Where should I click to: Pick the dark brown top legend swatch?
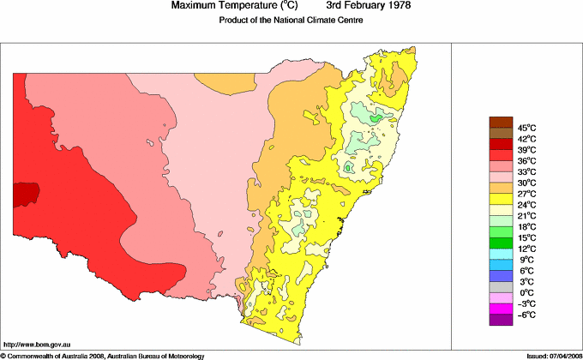(x=501, y=122)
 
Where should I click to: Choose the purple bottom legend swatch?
(x=501, y=320)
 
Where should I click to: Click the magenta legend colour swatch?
(x=501, y=309)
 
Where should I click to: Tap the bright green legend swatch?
(x=501, y=231)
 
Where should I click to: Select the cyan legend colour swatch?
(x=501, y=254)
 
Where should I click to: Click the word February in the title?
(x=356, y=6)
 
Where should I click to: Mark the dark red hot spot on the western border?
(x=25, y=193)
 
